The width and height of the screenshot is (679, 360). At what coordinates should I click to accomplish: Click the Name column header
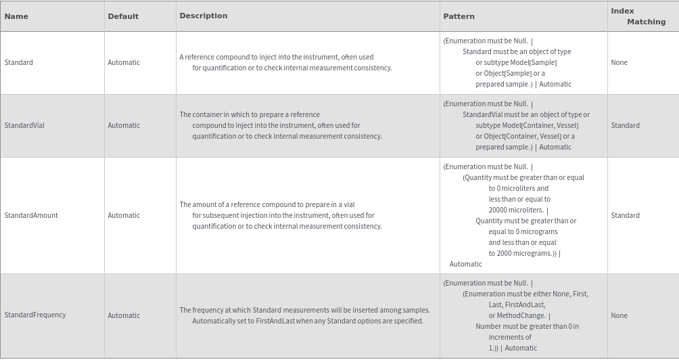point(16,16)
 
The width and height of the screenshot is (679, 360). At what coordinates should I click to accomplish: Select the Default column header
point(123,16)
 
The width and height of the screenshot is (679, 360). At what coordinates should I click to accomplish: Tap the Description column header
point(204,16)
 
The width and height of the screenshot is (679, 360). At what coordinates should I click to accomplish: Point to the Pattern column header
point(459,16)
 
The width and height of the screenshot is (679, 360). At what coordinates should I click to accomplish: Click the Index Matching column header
point(638,16)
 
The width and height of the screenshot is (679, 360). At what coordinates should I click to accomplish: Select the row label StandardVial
point(24,125)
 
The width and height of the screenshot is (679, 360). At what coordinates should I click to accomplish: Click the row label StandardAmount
point(31,215)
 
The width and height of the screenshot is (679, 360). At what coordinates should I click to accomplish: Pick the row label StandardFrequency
point(35,315)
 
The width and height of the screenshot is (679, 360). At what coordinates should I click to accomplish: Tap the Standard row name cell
point(19,62)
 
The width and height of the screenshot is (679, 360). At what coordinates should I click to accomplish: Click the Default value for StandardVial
point(124,125)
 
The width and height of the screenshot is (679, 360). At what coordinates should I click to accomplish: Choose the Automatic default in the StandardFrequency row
point(124,315)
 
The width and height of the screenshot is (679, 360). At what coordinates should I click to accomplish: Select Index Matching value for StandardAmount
point(625,215)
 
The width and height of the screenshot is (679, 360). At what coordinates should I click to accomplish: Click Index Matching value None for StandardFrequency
point(619,315)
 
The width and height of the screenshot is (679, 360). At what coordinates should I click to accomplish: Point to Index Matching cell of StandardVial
point(625,125)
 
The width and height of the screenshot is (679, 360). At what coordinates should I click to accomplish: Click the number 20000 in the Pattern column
point(499,210)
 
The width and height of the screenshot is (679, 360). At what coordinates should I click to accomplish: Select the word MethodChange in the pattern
point(521,315)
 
